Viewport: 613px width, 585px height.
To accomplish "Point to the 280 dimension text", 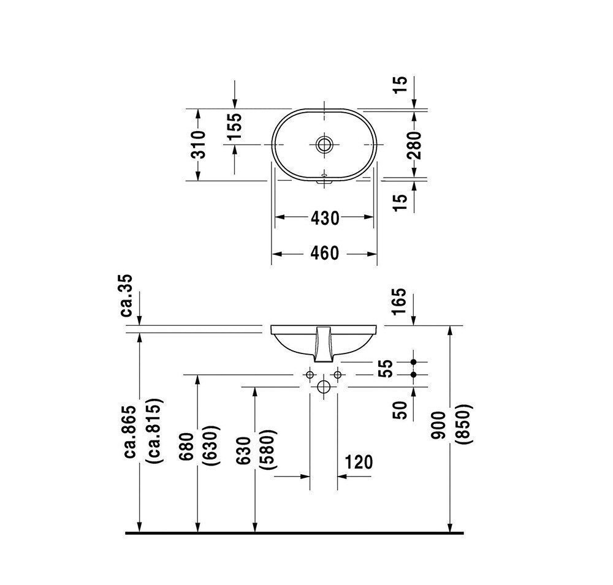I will [x=416, y=145].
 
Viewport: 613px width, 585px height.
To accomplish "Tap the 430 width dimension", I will [x=324, y=217].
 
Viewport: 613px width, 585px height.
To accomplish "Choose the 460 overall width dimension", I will [x=324, y=252].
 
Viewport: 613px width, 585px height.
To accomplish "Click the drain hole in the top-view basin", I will [x=324, y=145].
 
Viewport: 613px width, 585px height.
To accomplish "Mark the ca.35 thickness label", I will [x=129, y=295].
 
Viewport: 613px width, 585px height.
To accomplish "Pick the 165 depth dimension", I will [x=398, y=301].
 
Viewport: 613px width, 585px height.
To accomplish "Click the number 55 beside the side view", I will [x=384, y=368].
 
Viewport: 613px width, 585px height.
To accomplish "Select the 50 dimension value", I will [x=398, y=409].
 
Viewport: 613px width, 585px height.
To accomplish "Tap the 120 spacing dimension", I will [x=359, y=462].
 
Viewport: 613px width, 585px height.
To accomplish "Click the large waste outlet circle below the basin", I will [x=324, y=387].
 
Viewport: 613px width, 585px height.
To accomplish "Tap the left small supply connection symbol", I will [x=310, y=374].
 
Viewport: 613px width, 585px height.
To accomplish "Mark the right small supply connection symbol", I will [x=337, y=374].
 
